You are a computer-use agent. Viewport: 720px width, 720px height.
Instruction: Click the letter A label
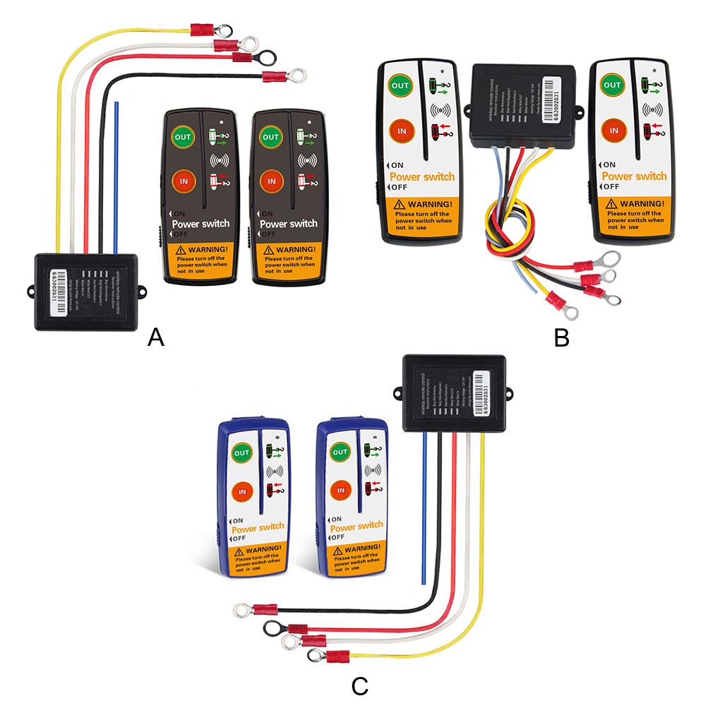[156, 338]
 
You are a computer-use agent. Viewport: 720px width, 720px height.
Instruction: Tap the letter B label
[561, 338]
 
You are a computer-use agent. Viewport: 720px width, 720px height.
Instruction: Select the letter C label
[359, 685]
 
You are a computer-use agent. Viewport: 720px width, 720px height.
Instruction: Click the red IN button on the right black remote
[268, 181]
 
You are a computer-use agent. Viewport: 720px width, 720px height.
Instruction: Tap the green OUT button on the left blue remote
[241, 452]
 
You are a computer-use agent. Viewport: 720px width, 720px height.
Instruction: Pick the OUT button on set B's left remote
[400, 86]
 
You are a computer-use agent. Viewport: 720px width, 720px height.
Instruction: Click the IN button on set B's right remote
[614, 131]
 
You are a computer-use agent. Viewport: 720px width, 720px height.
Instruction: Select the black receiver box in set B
[522, 104]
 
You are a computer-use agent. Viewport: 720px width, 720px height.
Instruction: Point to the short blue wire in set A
[116, 176]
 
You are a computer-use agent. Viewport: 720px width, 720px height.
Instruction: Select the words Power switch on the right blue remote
[356, 527]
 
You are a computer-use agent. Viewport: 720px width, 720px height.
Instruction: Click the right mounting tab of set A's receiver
[141, 290]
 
